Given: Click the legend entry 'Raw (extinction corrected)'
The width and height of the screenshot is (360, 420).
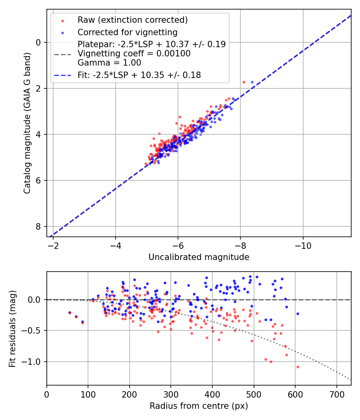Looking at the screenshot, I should pos(132,20).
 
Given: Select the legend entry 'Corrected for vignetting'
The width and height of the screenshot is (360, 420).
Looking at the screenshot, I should pos(127,32).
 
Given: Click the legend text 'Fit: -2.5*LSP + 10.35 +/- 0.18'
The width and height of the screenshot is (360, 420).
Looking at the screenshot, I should pos(139,75).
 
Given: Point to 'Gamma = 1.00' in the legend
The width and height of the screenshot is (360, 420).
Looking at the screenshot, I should pos(109,62).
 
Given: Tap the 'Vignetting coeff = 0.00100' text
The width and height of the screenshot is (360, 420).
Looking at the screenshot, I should pos(134,54).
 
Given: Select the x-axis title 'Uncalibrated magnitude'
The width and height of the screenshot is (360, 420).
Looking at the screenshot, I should pos(199,257).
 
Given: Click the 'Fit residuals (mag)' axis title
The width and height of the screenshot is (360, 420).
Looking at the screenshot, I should pos(12,328).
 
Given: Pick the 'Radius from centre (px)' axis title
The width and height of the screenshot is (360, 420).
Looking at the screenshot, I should pos(199,406).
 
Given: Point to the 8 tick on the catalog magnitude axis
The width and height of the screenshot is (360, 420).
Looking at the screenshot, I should pos(39,227).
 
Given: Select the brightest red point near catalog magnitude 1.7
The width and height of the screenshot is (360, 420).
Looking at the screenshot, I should pos(244,82).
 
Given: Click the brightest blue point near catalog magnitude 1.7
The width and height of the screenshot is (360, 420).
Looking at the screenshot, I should pos(252,82).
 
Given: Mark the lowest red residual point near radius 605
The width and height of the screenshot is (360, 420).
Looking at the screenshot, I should pos(298,367).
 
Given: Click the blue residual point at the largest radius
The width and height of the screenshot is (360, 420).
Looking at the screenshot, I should pos(298,314).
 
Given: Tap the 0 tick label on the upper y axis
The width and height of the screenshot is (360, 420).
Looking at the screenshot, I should pos(39,42).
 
